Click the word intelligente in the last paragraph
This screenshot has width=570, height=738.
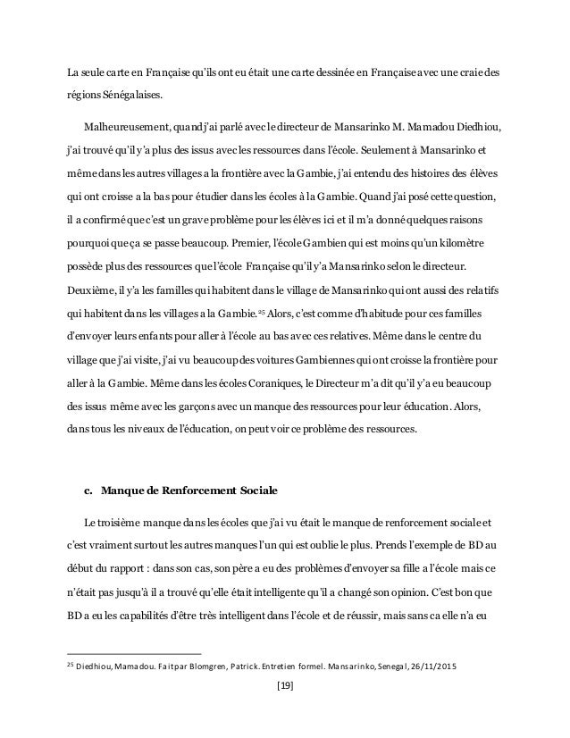click(x=310, y=591)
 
